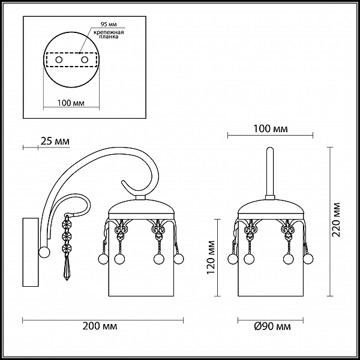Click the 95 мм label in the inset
(x=109, y=25)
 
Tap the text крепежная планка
(x=109, y=34)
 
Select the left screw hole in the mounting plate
(x=59, y=60)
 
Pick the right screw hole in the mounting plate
(x=85, y=60)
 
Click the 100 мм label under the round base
(x=71, y=103)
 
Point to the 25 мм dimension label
(x=55, y=141)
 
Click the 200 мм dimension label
(x=100, y=326)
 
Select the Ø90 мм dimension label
(x=272, y=326)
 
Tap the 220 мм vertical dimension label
(x=337, y=220)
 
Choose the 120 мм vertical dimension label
(x=211, y=257)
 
